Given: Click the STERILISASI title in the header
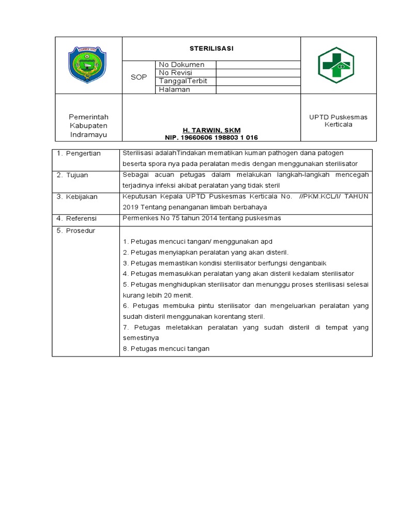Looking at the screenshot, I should pyautogui.click(x=211, y=48).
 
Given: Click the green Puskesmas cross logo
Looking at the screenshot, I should pyautogui.click(x=336, y=65).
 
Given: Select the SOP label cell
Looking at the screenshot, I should pyautogui.click(x=139, y=77).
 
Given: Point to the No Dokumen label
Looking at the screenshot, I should pyautogui.click(x=181, y=65).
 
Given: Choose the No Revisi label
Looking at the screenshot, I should pyautogui.click(x=176, y=73).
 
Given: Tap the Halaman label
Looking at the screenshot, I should pyautogui.click(x=175, y=89).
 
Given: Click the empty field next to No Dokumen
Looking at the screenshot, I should pyautogui.click(x=257, y=65).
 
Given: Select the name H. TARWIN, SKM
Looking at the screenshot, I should pyautogui.click(x=211, y=130).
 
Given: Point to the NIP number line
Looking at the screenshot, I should pyautogui.click(x=211, y=137).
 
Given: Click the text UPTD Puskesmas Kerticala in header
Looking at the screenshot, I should pyautogui.click(x=338, y=121).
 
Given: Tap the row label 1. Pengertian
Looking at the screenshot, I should pyautogui.click(x=79, y=153).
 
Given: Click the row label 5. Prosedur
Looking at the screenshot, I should pyautogui.click(x=76, y=231).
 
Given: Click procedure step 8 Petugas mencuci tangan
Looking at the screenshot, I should pyautogui.click(x=166, y=349).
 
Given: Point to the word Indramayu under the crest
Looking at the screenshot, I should pyautogui.click(x=88, y=134).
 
